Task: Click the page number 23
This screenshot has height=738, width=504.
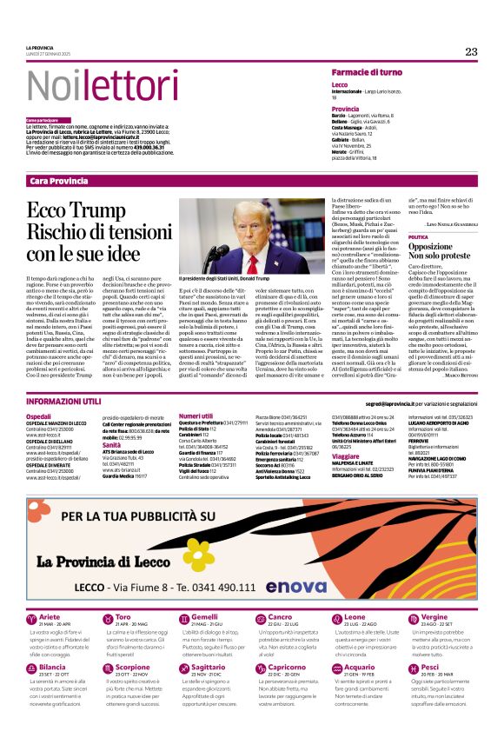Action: point(471,52)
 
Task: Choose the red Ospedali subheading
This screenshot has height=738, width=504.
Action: point(38,416)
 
